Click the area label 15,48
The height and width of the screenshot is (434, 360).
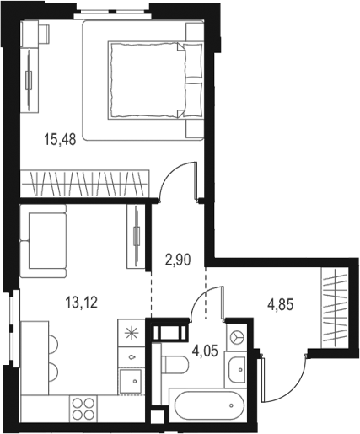[x=60, y=139]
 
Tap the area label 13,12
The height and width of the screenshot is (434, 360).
[x=82, y=303]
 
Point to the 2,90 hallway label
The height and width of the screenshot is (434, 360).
[x=178, y=260]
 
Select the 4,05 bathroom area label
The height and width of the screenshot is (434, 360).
[x=205, y=351]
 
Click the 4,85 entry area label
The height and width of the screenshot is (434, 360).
[x=281, y=305]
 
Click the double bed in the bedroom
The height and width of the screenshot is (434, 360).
[x=155, y=80]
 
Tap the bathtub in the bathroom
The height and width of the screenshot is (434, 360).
[x=208, y=405]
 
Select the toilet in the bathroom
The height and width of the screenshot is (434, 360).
[x=175, y=365]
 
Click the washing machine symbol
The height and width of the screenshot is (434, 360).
[x=236, y=336]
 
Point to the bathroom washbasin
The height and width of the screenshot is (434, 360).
[x=236, y=369]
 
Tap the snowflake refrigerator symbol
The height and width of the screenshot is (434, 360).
[x=132, y=334]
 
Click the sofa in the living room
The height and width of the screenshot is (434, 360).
[x=43, y=241]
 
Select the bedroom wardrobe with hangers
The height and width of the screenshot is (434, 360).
[x=84, y=184]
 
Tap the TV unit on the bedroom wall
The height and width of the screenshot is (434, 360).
[x=30, y=81]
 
